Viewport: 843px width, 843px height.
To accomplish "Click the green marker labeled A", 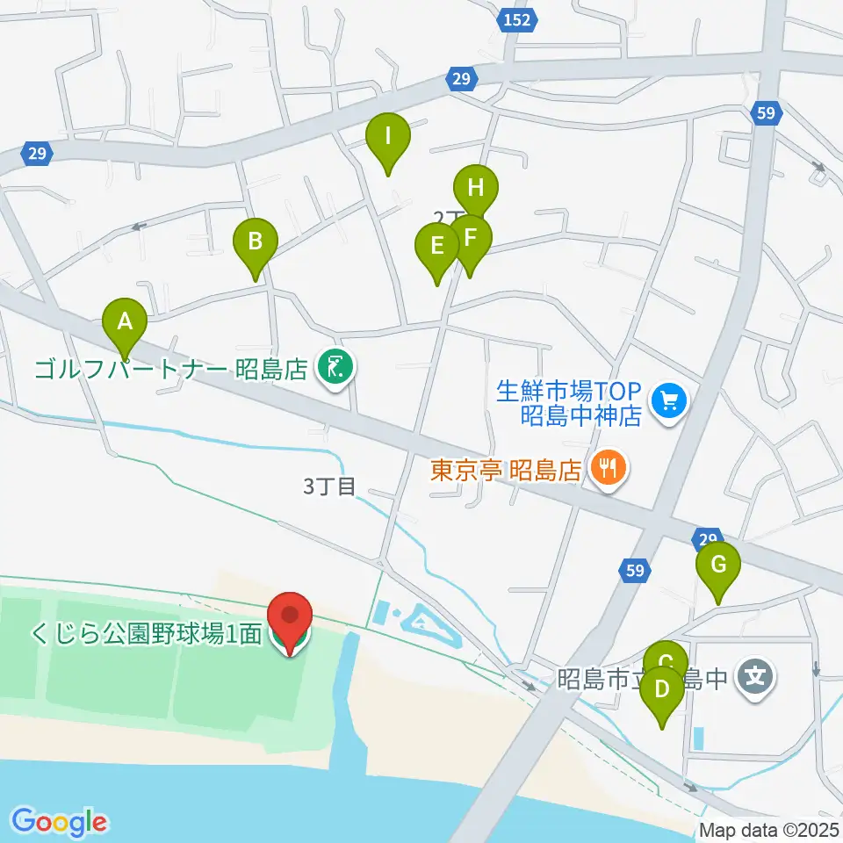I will point(125,321).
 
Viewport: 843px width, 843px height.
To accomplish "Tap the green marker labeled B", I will point(255,241).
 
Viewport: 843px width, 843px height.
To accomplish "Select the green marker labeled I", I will point(388,137).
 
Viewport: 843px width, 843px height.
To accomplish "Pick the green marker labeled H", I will point(476,187).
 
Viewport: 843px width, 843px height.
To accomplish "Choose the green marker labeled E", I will point(436,246).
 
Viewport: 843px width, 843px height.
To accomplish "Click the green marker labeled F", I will point(470,237).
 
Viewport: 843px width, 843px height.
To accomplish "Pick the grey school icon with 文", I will point(754,678).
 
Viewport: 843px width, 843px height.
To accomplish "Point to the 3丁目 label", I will point(329,486).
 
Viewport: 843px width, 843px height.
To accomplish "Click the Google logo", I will point(59,822).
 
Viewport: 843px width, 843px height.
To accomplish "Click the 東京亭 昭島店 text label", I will point(507,471).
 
